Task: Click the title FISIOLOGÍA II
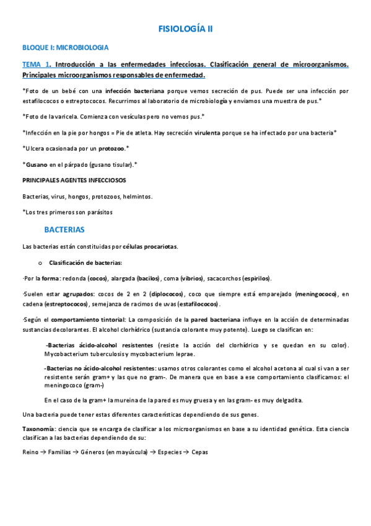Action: click(186, 29)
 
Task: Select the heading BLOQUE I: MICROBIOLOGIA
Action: click(66, 47)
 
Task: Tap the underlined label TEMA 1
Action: click(35, 64)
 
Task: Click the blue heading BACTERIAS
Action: click(64, 230)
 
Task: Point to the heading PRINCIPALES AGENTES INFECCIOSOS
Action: click(74, 180)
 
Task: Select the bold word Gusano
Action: click(36, 164)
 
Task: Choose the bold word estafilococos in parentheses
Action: click(198, 305)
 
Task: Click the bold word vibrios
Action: click(193, 278)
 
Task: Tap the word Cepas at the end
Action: click(199, 452)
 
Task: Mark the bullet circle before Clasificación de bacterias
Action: click(41, 262)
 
